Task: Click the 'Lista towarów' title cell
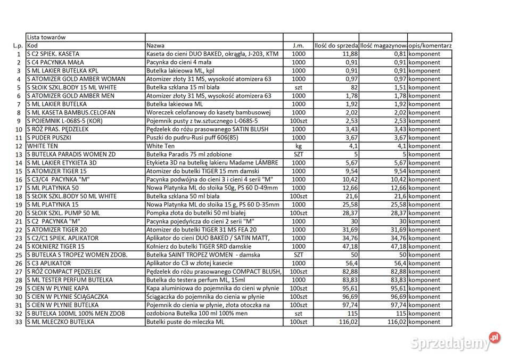pyautogui.click(x=46, y=37)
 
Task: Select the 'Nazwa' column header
pyautogui.click(x=155, y=46)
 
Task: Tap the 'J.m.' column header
pyautogui.click(x=298, y=46)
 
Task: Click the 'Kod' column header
pyautogui.click(x=32, y=46)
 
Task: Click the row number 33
pyautogui.click(x=19, y=322)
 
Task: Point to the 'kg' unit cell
pyautogui.click(x=298, y=146)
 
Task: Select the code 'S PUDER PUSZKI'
pyautogui.click(x=50, y=137)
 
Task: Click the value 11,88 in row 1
pyautogui.click(x=350, y=54)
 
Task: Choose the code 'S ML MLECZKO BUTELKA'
pyautogui.click(x=61, y=322)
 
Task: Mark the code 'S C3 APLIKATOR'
pyautogui.click(x=49, y=263)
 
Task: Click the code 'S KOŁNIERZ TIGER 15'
pyautogui.click(x=56, y=247)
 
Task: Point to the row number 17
pyautogui.click(x=19, y=188)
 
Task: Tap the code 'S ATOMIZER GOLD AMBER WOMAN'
pyautogui.click(x=76, y=79)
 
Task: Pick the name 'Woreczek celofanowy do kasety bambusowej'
pyautogui.click(x=209, y=112)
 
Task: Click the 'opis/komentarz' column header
pyautogui.click(x=430, y=46)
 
